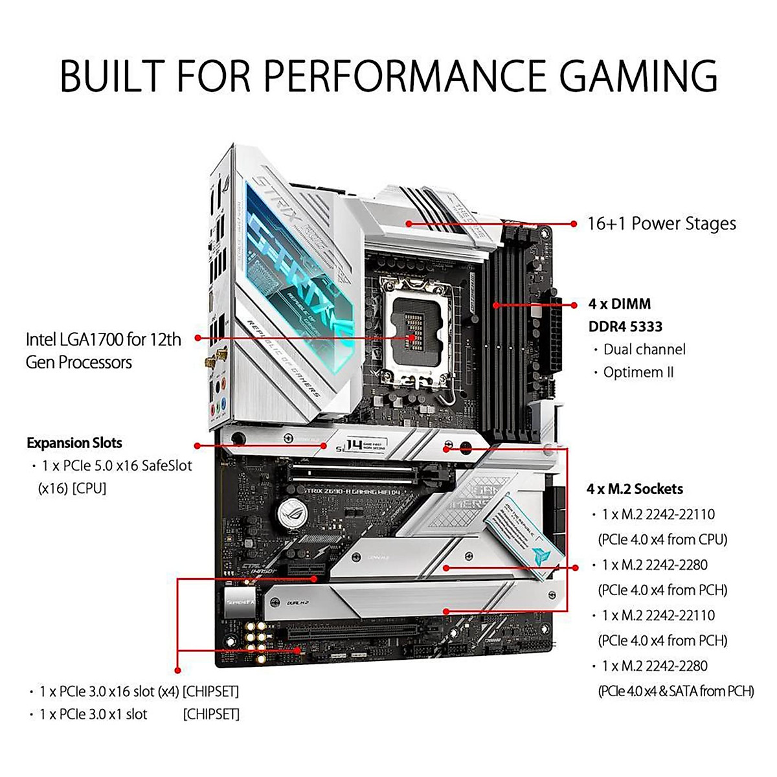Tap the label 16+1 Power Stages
pyautogui.click(x=661, y=224)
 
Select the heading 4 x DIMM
pyautogui.click(x=620, y=304)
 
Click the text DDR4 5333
pyautogui.click(x=625, y=326)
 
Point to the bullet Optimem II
pyautogui.click(x=638, y=372)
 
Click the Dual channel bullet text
pyautogui.click(x=644, y=350)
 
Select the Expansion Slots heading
pyautogui.click(x=74, y=444)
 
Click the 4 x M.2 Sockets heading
pyautogui.click(x=635, y=489)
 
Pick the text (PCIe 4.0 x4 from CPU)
pyautogui.click(x=662, y=539)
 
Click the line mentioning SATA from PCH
pyautogui.click(x=676, y=691)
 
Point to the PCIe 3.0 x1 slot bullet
pyautogui.click(x=93, y=714)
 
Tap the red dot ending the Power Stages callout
pyautogui.click(x=574, y=224)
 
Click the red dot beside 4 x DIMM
pyautogui.click(x=574, y=304)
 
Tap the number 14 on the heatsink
pyautogui.click(x=354, y=445)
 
